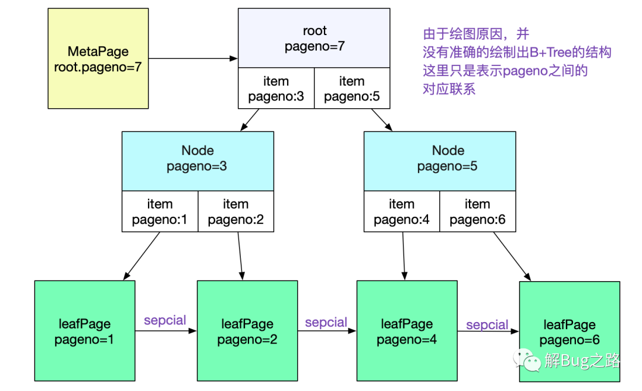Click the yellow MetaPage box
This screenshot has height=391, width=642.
(98, 59)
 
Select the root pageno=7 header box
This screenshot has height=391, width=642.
(314, 38)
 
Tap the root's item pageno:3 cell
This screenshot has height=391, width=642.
(276, 88)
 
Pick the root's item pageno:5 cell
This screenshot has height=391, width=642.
(352, 88)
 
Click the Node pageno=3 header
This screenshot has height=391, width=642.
(198, 161)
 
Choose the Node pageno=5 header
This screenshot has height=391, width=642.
(440, 161)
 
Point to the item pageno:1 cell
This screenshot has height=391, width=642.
(160, 212)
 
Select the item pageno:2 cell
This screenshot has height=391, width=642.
(236, 212)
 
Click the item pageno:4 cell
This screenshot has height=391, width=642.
(402, 212)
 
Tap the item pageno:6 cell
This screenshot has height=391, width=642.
(478, 212)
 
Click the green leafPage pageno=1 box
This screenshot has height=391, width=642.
(85, 331)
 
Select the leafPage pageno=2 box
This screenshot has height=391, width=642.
(247, 331)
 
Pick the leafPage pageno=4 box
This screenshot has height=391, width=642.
(407, 331)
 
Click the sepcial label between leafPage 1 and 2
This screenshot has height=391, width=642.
(165, 320)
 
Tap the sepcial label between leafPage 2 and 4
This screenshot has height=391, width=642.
(326, 322)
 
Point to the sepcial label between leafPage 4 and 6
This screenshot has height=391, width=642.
(487, 324)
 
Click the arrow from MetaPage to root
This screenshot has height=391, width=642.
(193, 59)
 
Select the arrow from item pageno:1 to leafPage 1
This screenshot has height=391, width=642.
(141, 256)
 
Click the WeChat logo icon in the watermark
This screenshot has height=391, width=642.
(527, 360)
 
